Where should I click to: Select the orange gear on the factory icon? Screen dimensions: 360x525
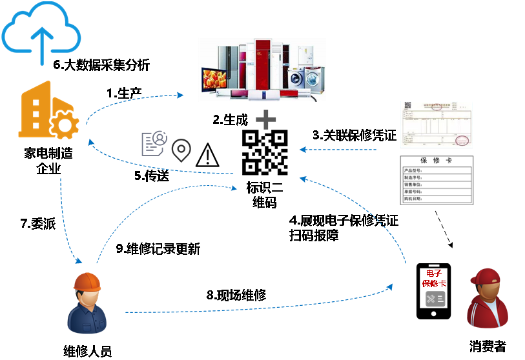64,124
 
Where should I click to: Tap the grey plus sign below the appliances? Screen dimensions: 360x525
265,119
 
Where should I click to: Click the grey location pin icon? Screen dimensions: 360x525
181,150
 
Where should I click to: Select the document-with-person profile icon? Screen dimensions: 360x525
154,143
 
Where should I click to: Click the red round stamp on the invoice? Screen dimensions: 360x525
462,140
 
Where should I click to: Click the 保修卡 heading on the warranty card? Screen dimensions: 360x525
437,161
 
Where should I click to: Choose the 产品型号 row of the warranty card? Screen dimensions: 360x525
437,171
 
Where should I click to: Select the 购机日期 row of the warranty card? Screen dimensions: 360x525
437,199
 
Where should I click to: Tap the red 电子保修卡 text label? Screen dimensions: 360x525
434,279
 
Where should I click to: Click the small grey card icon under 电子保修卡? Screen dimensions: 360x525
435,299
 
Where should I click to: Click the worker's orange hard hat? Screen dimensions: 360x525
87,281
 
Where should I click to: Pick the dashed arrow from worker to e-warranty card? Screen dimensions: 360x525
258,305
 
